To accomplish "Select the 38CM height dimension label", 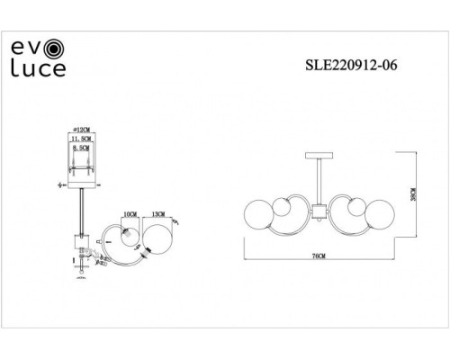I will (x=413, y=194).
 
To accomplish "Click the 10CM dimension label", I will (x=130, y=215).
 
